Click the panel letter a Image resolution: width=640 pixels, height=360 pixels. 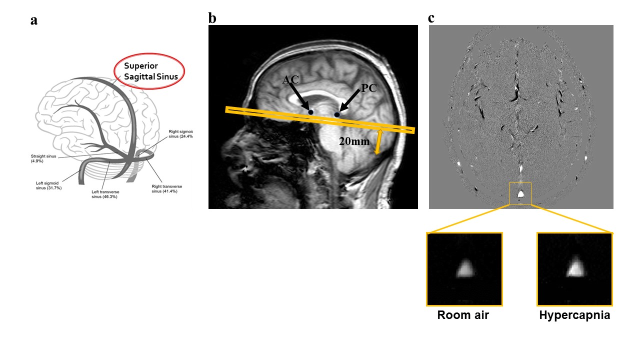click(33, 20)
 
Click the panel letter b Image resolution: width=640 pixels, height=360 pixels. click(212, 18)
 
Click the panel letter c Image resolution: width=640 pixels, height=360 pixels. click(431, 18)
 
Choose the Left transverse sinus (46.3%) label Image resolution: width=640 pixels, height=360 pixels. click(105, 194)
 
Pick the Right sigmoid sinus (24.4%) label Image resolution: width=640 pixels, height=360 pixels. click(180, 133)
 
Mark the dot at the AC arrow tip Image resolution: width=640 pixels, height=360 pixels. click(310, 112)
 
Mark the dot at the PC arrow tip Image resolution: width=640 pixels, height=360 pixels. click(337, 115)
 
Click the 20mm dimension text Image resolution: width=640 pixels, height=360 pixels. click(354, 141)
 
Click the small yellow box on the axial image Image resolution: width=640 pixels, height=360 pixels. click(520, 193)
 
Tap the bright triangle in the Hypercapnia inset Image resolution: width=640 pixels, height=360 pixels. click(575, 268)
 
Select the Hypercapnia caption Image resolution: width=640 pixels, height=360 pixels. click(574, 315)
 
